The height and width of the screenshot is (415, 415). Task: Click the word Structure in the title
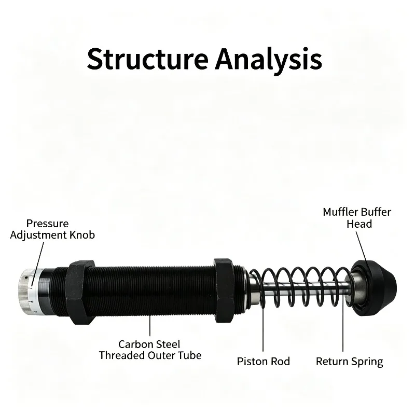147,59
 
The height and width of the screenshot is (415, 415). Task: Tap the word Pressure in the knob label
47,224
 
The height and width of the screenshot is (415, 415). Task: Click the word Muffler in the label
340,212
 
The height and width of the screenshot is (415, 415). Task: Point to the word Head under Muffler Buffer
359,224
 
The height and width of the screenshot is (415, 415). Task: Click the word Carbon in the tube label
134,344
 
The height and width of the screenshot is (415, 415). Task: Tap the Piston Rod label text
264,362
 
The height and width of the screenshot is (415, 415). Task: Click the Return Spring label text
349,362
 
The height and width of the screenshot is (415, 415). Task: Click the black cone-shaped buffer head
373,288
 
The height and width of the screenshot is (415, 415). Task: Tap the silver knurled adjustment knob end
29,292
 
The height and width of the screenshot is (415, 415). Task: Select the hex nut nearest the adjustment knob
80,293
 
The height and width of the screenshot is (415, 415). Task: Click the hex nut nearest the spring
224,290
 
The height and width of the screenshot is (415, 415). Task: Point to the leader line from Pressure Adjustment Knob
37,265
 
